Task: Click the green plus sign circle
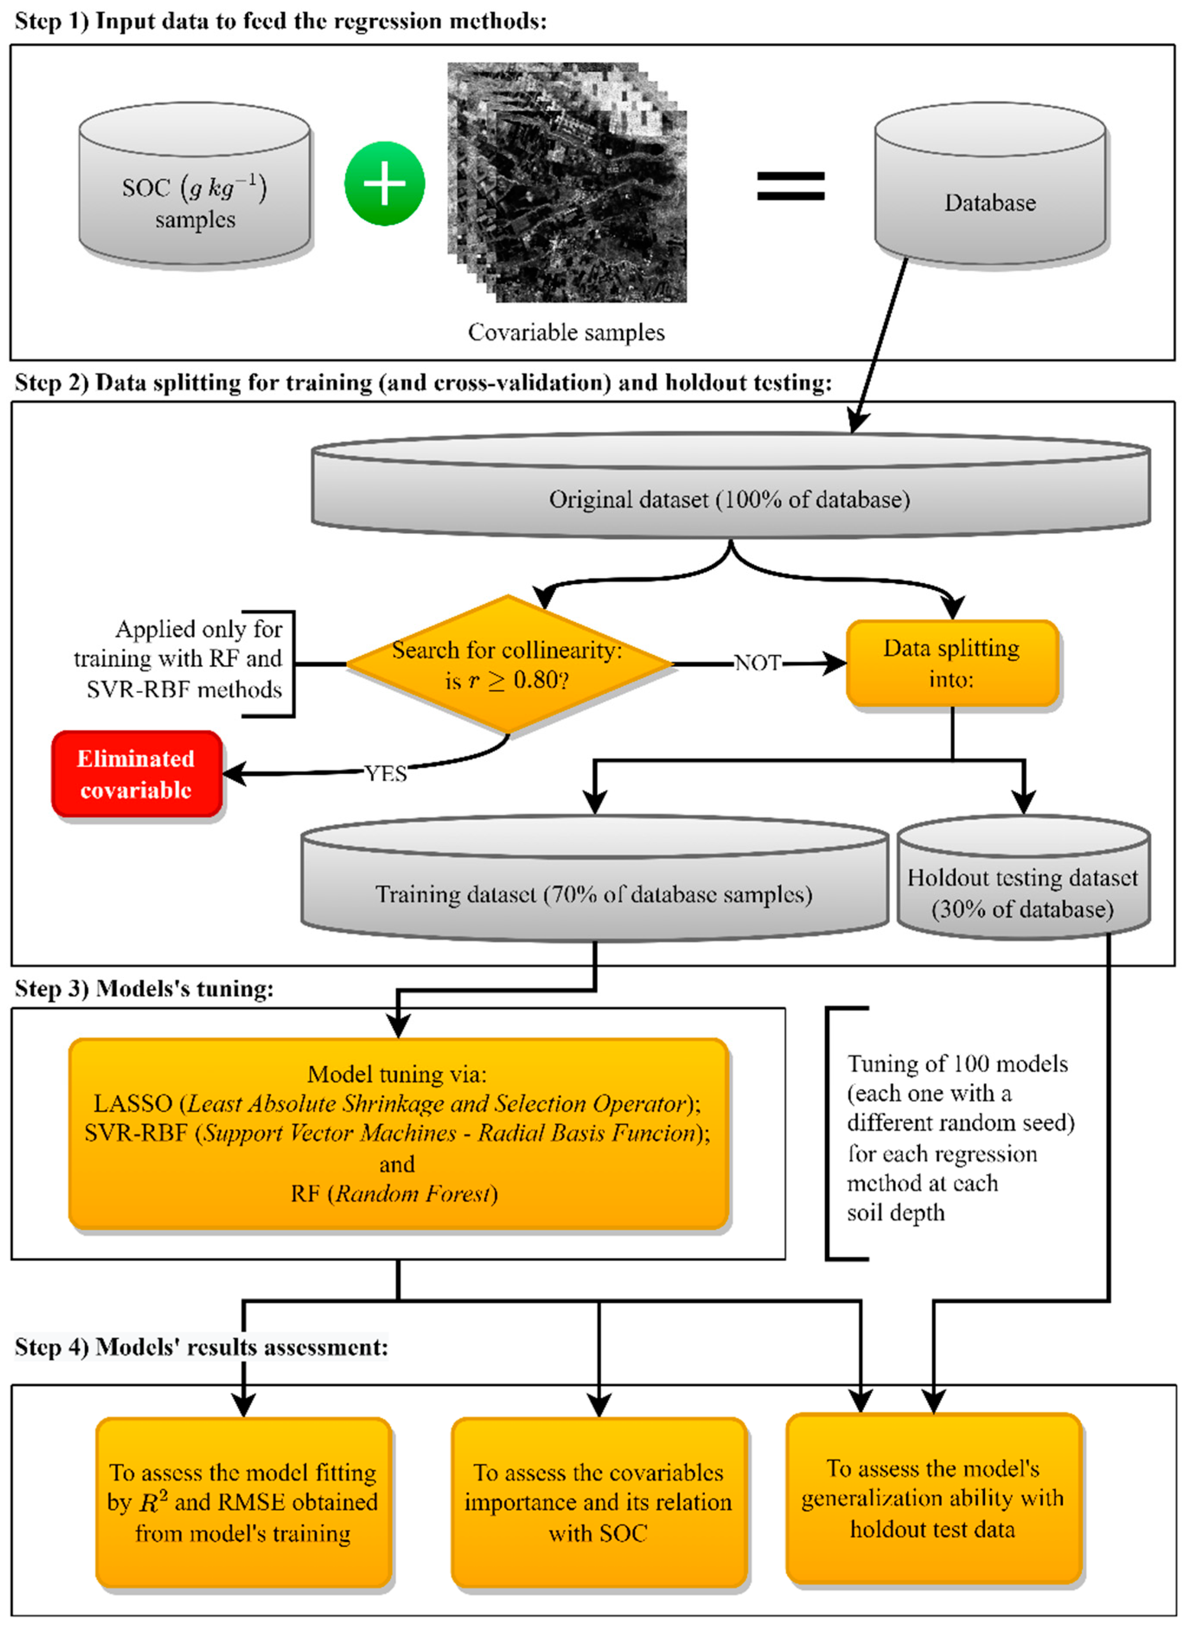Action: point(384,184)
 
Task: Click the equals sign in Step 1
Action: point(791,185)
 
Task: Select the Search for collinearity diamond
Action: point(507,664)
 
